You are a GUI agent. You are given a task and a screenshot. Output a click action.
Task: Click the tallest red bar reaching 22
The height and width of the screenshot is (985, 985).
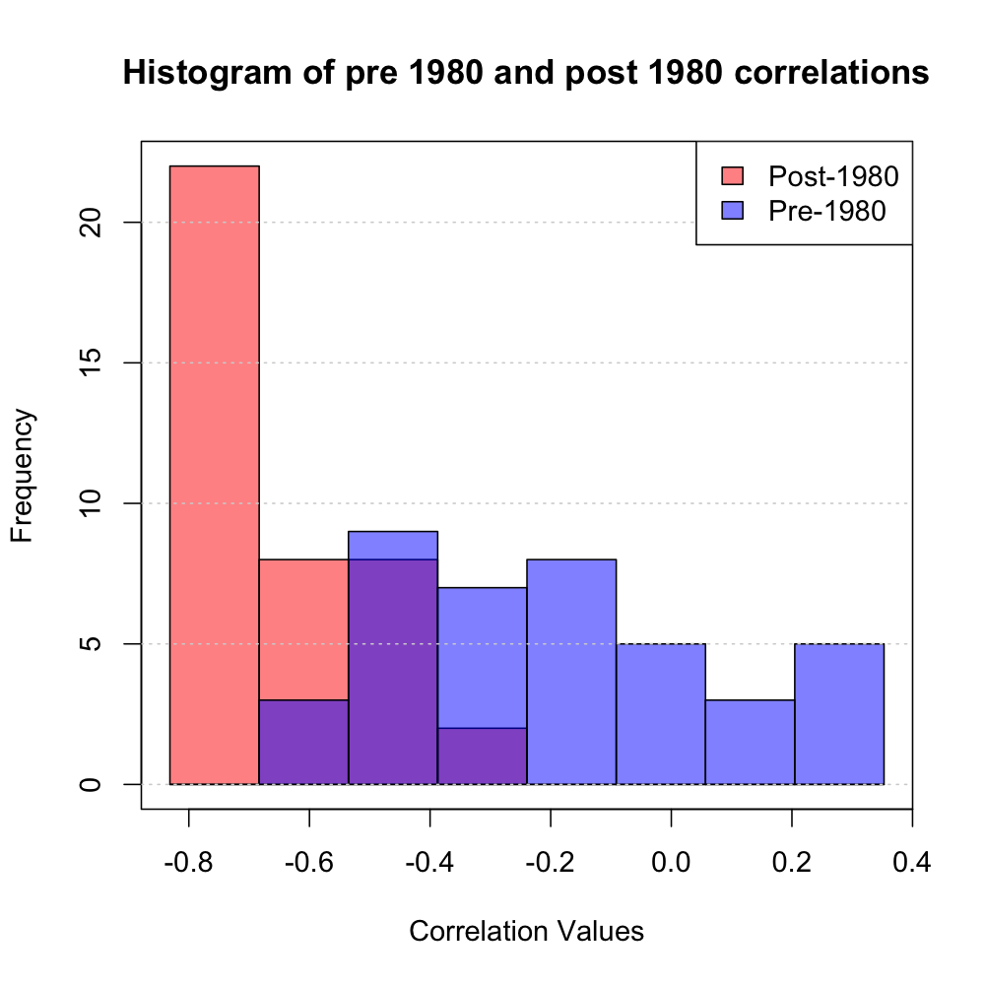[215, 473]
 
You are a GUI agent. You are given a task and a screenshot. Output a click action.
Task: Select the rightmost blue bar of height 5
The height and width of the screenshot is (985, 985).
[839, 714]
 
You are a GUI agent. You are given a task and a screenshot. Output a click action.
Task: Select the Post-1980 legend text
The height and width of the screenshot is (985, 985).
[833, 176]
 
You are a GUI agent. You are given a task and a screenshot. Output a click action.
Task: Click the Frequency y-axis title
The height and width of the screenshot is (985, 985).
[24, 475]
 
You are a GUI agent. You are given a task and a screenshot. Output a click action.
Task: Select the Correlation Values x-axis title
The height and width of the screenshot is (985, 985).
[526, 931]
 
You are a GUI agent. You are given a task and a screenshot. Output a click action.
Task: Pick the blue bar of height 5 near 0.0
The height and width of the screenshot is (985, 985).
[661, 714]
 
